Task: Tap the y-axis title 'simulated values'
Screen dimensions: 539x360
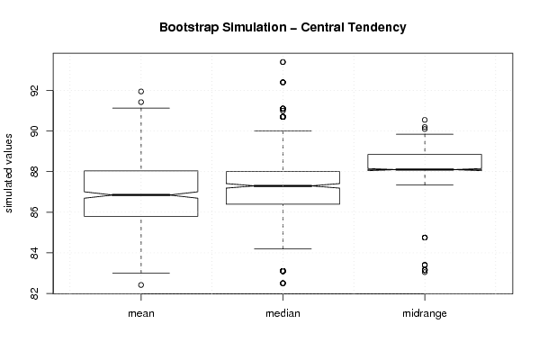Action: click(x=8, y=174)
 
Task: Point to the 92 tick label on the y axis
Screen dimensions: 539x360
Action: click(x=34, y=91)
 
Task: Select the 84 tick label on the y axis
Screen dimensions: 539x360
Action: click(x=34, y=253)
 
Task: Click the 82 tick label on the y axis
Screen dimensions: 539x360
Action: click(x=34, y=293)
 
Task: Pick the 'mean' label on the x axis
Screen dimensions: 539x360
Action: click(x=141, y=313)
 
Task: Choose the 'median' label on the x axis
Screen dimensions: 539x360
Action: click(x=283, y=313)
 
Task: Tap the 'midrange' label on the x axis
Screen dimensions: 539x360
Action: click(x=425, y=313)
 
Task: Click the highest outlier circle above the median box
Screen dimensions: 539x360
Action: click(x=283, y=62)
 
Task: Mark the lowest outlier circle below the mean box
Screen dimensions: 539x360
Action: click(x=141, y=285)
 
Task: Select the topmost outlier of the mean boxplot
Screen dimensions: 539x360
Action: click(x=141, y=92)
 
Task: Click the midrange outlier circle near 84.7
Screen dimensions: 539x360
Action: click(x=425, y=238)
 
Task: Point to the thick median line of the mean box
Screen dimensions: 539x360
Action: click(x=141, y=195)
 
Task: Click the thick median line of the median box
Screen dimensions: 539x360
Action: click(x=283, y=186)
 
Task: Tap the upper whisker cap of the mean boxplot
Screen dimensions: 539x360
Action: click(x=141, y=108)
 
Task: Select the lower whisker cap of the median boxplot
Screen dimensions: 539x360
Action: click(x=283, y=248)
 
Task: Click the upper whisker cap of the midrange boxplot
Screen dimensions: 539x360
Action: click(x=425, y=134)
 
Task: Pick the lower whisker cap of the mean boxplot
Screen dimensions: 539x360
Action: click(x=141, y=273)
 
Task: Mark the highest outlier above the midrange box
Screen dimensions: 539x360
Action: click(x=425, y=120)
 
